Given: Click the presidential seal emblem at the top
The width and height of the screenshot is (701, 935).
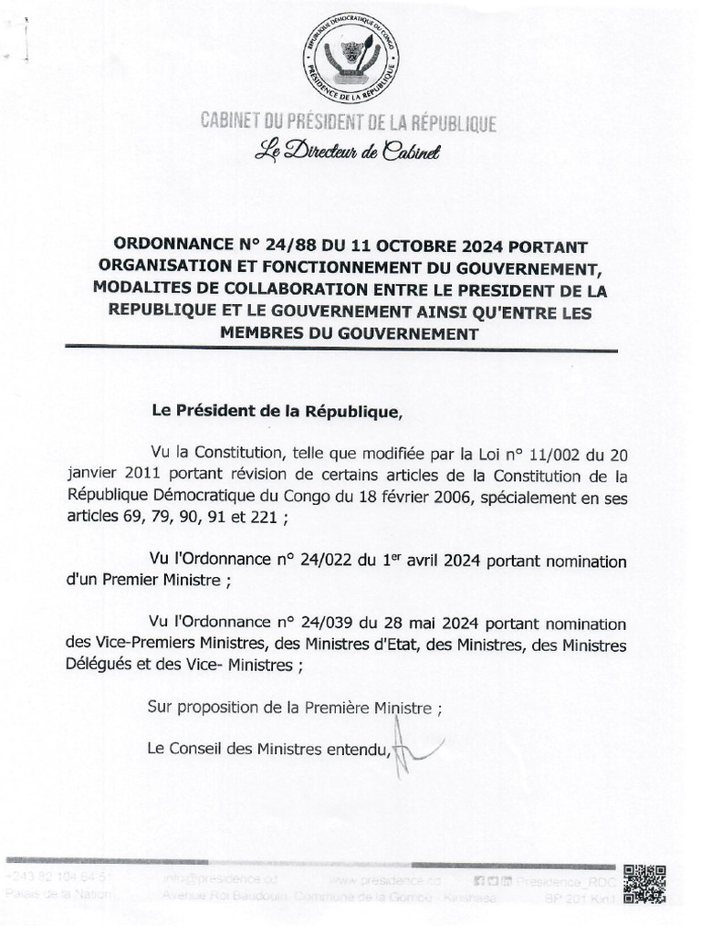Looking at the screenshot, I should coord(350,58).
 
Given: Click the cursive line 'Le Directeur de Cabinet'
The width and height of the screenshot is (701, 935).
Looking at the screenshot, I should coord(348,152).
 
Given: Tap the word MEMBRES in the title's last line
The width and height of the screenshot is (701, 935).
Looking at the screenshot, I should coord(259,334).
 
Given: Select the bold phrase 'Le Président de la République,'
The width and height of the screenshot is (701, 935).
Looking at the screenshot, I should coord(277,412).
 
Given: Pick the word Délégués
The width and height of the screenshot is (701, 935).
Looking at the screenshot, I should coord(98,667).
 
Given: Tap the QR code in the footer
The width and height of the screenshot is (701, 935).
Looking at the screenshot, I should coord(643,884).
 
